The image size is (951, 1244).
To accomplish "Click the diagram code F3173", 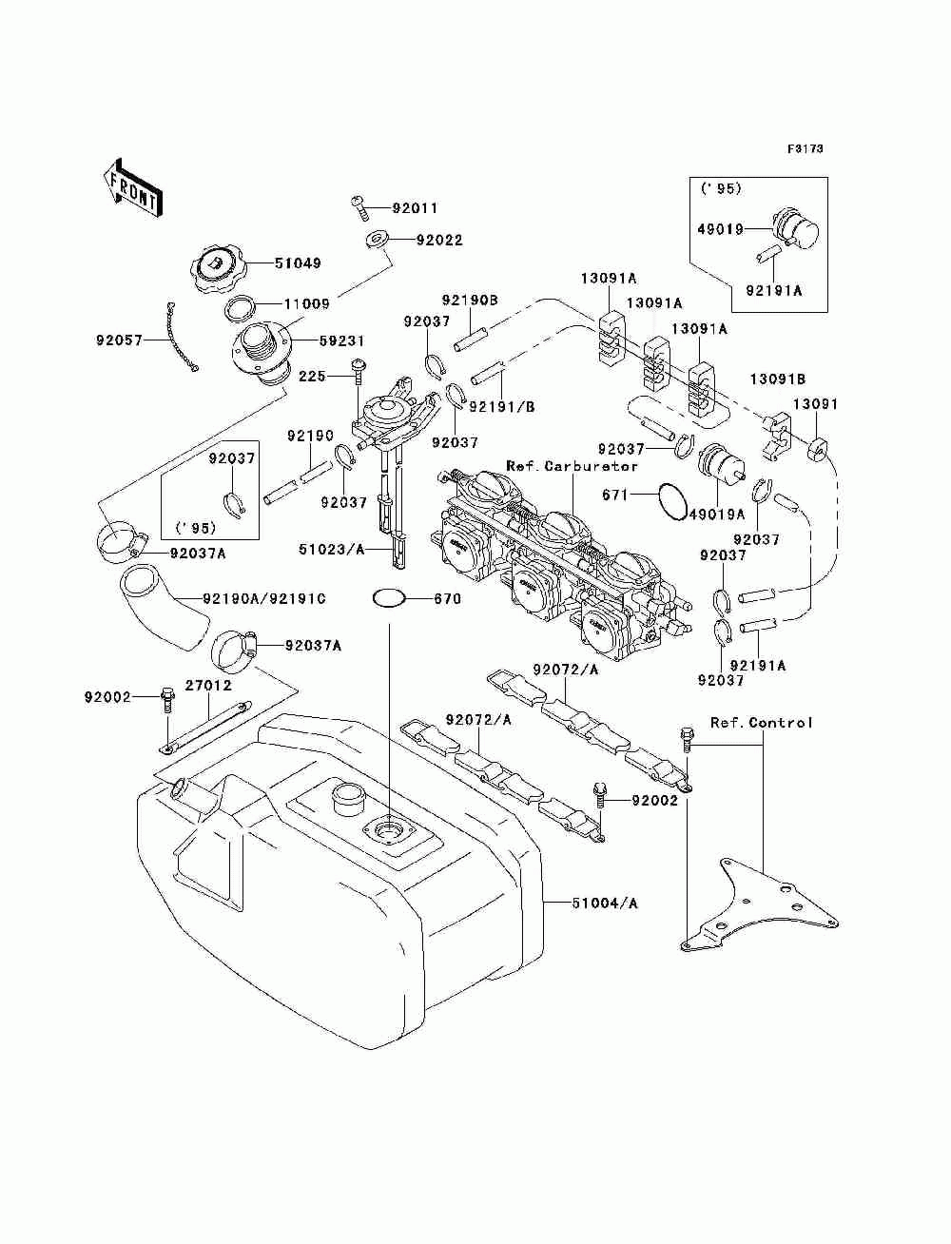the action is pyautogui.click(x=805, y=149).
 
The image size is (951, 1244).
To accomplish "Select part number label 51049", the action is pyautogui.click(x=298, y=262).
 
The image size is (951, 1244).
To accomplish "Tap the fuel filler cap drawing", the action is pyautogui.click(x=217, y=267).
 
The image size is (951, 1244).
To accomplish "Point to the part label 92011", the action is pyautogui.click(x=415, y=208).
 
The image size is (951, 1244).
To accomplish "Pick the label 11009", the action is pyautogui.click(x=306, y=303).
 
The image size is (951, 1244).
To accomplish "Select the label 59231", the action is pyautogui.click(x=341, y=341).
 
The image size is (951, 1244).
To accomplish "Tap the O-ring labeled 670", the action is pyautogui.click(x=389, y=598).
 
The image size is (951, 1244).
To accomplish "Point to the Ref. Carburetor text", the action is pyautogui.click(x=572, y=466).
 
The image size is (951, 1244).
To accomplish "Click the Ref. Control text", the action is pyautogui.click(x=761, y=723).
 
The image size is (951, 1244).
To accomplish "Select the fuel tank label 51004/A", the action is pyautogui.click(x=604, y=903).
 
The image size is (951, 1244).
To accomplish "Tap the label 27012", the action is pyautogui.click(x=208, y=686).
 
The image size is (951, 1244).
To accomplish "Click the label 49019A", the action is pyautogui.click(x=717, y=514).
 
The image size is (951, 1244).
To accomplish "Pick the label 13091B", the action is pyautogui.click(x=778, y=379).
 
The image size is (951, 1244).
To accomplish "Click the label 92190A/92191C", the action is pyautogui.click(x=264, y=598).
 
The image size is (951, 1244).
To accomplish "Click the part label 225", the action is pyautogui.click(x=312, y=376).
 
